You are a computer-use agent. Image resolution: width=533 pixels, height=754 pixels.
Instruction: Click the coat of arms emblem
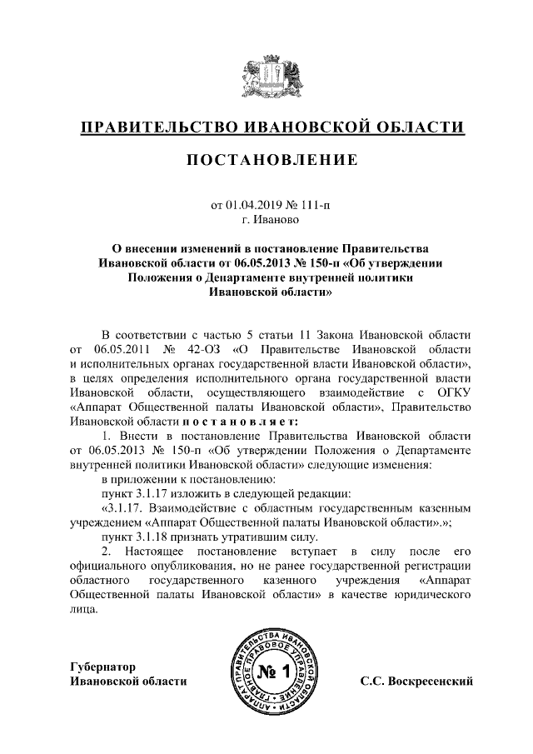tap(266, 76)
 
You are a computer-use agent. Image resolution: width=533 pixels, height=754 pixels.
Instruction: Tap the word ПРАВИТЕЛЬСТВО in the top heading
tap(156, 127)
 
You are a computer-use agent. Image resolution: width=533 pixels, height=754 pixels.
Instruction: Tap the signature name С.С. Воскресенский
tap(416, 682)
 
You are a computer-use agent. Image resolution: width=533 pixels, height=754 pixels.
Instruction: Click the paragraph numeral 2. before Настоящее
tap(105, 552)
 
